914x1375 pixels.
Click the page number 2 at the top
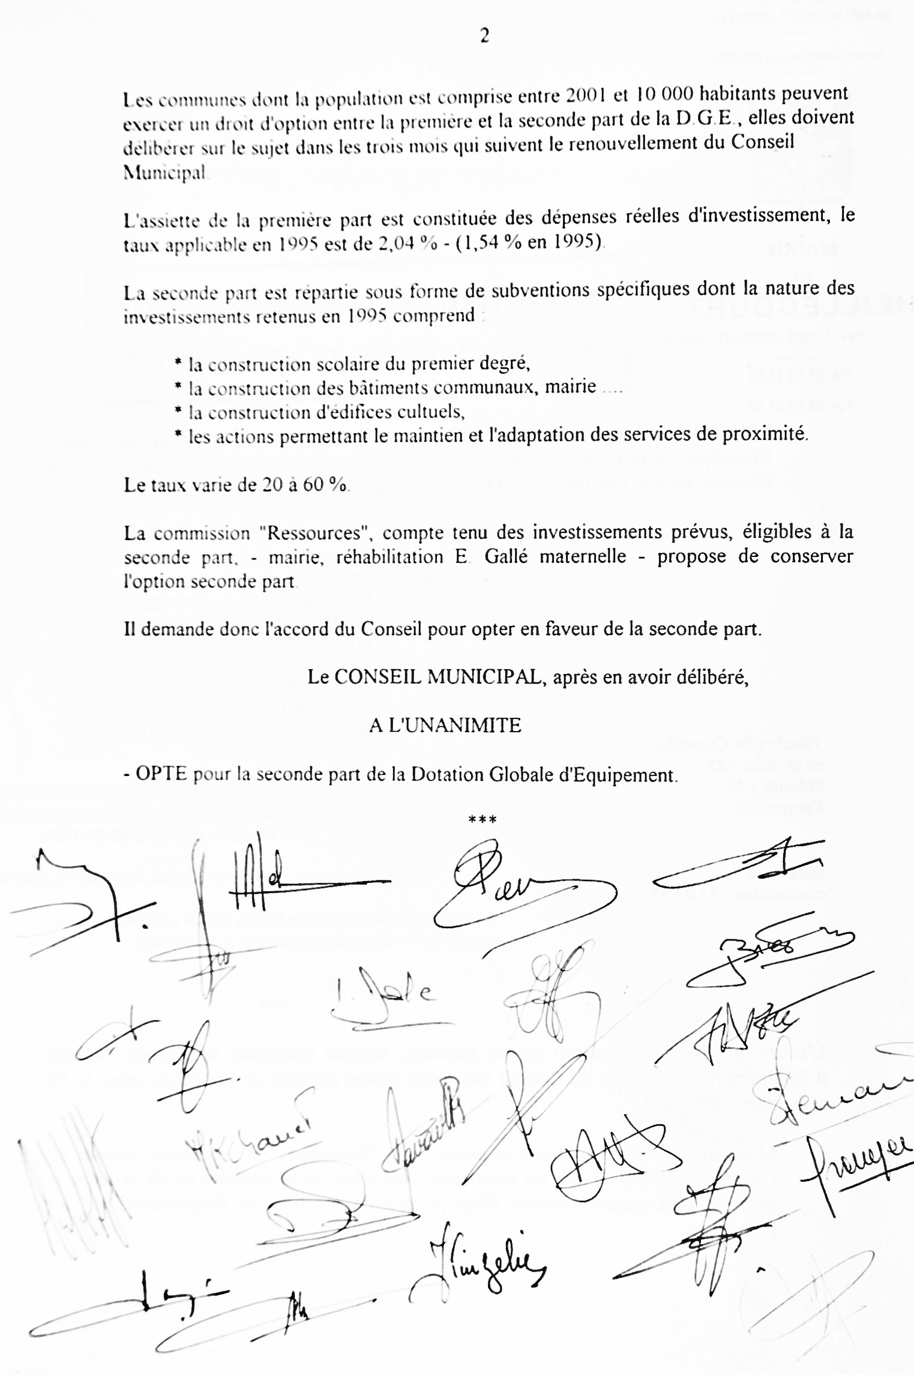coord(484,37)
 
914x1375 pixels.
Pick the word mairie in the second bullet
coord(570,387)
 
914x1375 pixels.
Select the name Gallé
coord(506,556)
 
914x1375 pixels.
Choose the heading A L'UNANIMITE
coord(445,726)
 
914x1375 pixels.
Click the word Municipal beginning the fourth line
coord(164,172)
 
